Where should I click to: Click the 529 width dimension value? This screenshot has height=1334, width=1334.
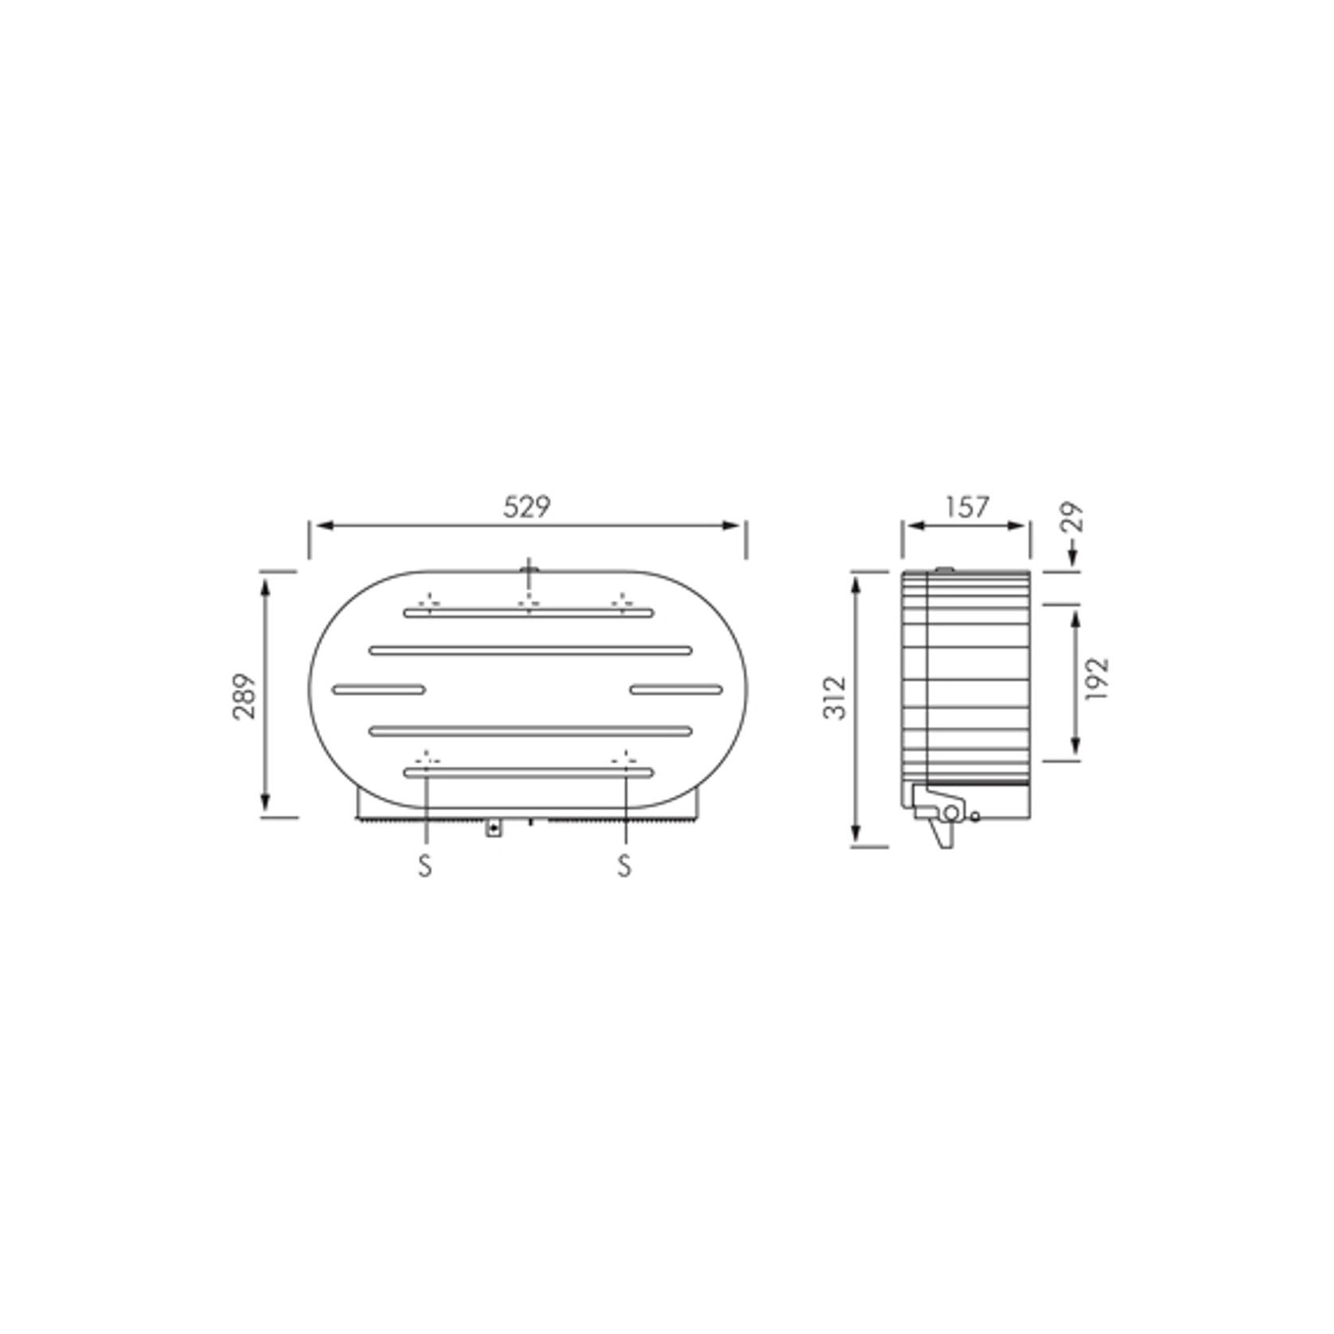tap(527, 507)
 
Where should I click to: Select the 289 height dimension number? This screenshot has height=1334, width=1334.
tap(245, 696)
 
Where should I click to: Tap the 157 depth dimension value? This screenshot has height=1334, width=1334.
tap(967, 507)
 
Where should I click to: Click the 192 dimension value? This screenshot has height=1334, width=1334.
tap(1098, 678)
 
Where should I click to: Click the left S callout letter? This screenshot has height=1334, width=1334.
tap(425, 865)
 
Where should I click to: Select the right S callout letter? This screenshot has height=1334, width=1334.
tap(624, 865)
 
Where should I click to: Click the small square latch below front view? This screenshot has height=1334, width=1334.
tap(493, 829)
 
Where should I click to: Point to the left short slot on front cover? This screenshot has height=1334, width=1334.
tap(378, 689)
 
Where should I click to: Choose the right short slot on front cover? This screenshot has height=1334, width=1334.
tap(676, 689)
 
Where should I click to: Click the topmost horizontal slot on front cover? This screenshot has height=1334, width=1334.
tap(528, 613)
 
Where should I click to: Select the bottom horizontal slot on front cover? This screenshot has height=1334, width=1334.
tap(528, 772)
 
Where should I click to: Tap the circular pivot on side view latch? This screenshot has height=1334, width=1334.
tap(950, 812)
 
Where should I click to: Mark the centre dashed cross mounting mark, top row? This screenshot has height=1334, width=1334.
tap(528, 603)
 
